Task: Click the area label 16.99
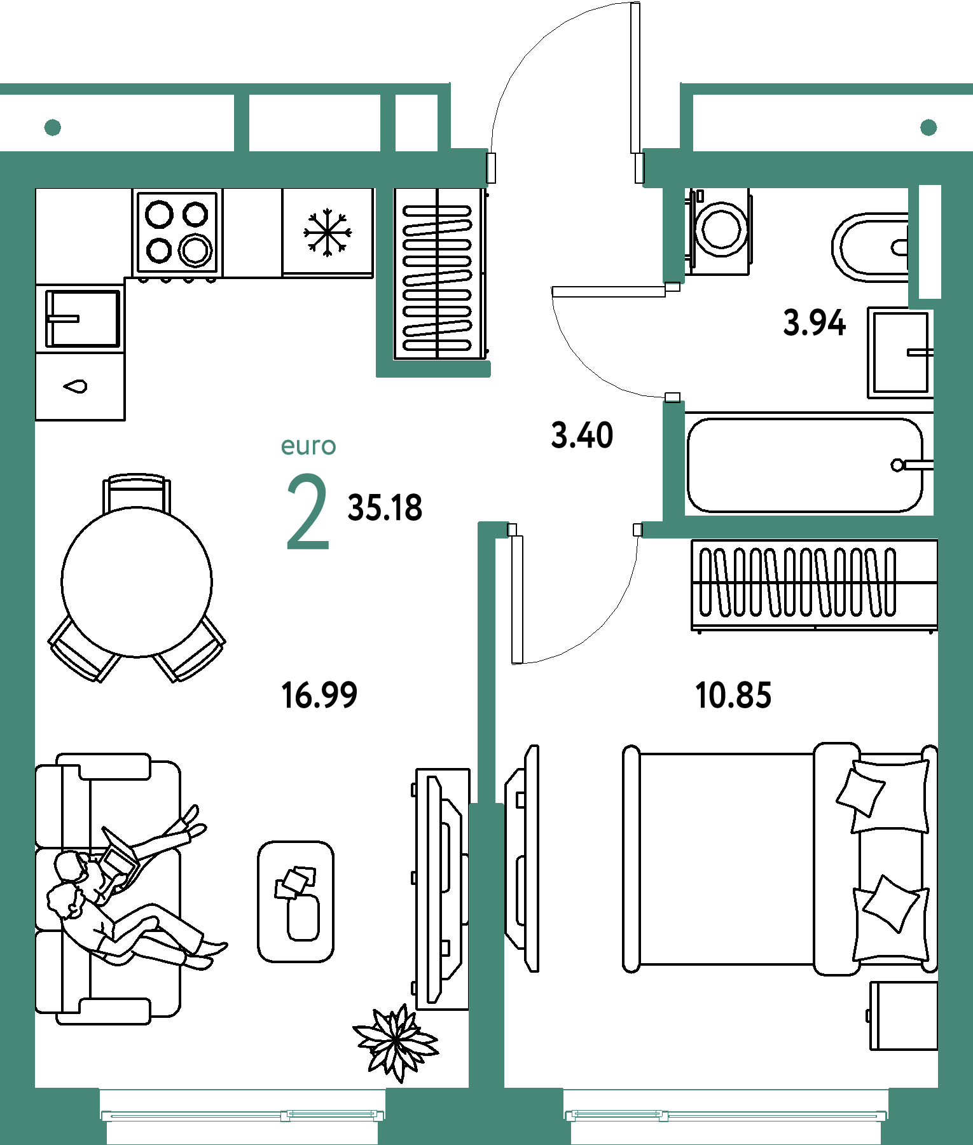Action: (x=319, y=695)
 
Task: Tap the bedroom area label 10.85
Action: (x=733, y=695)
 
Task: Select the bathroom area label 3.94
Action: (x=815, y=322)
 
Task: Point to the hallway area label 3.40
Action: (x=582, y=435)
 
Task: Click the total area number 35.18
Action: (x=385, y=508)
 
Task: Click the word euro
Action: (x=308, y=446)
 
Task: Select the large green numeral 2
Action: (x=308, y=511)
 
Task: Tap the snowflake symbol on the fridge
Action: (x=328, y=233)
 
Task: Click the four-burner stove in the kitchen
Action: (x=177, y=233)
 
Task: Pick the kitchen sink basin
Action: (x=82, y=318)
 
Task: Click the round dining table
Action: (x=137, y=582)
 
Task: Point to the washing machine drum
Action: (x=722, y=229)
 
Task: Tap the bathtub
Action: (x=804, y=465)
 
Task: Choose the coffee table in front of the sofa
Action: (x=296, y=902)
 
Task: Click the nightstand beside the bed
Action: (x=903, y=1015)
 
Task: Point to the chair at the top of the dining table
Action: (x=137, y=493)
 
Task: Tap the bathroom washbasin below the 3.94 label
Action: (x=901, y=353)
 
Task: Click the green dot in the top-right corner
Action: (x=928, y=127)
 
